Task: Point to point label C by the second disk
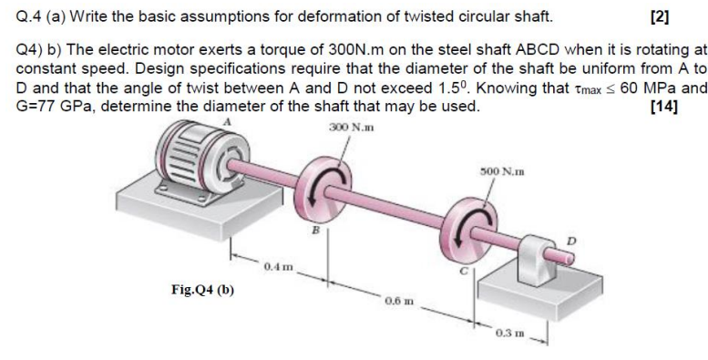[462, 275]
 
